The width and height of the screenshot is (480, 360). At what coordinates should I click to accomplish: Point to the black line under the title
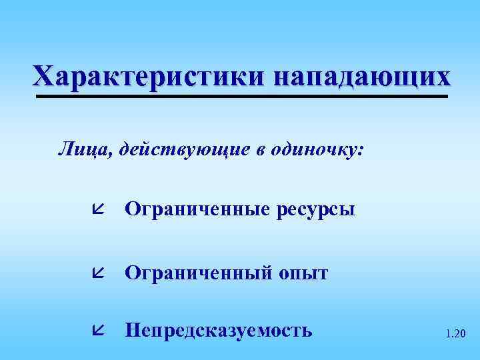[x=240, y=97]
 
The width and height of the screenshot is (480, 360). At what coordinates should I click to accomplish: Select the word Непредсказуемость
[x=219, y=330]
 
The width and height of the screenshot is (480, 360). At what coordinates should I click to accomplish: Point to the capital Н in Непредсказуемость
[x=133, y=330]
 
